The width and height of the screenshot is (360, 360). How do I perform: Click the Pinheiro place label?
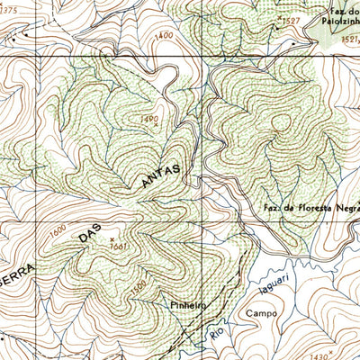point(187,306)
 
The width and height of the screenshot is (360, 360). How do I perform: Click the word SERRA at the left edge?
point(16,270)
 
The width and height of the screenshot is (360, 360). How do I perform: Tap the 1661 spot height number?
point(118,247)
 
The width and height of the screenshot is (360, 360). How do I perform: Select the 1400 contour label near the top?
point(164,35)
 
